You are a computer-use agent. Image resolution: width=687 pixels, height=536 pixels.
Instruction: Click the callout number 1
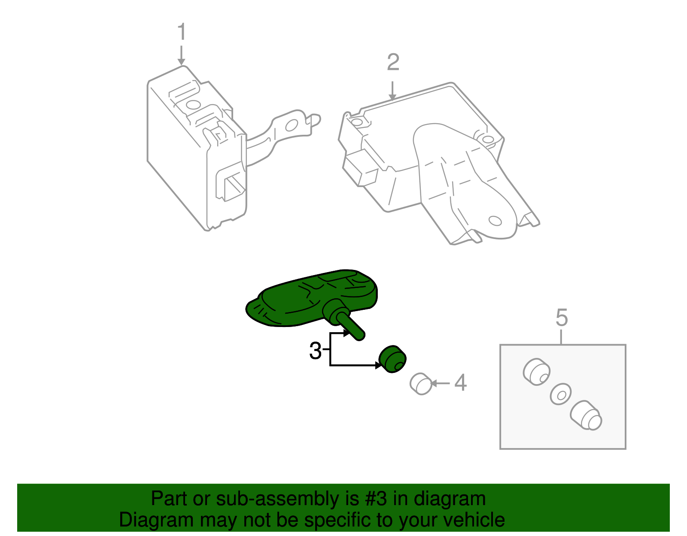click(x=182, y=33)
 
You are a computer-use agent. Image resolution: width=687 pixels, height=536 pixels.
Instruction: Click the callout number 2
click(x=393, y=63)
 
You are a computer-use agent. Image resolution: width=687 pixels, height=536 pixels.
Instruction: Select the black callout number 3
click(x=315, y=351)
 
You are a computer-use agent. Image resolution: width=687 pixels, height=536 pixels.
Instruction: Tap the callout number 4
click(x=460, y=383)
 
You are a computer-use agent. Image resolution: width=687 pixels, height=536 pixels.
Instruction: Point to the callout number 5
click(x=562, y=318)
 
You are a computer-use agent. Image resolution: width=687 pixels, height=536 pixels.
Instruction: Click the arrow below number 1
click(x=182, y=56)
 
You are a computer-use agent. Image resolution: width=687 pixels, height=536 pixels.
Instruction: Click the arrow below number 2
click(x=392, y=91)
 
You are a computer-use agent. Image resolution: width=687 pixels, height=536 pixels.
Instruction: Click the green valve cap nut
click(x=392, y=359)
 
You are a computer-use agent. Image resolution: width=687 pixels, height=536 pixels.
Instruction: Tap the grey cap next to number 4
click(x=421, y=384)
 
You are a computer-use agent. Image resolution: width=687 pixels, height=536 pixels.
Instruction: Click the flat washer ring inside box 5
click(x=560, y=394)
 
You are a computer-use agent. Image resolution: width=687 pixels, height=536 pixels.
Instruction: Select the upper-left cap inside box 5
click(x=536, y=371)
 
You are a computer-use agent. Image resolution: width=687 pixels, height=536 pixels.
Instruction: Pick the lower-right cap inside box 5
click(x=587, y=415)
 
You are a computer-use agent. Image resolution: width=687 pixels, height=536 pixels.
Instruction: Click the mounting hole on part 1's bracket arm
click(x=292, y=125)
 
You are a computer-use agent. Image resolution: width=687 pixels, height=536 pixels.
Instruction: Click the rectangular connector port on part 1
click(x=232, y=185)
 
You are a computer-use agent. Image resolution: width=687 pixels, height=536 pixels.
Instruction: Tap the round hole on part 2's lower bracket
click(x=495, y=221)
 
